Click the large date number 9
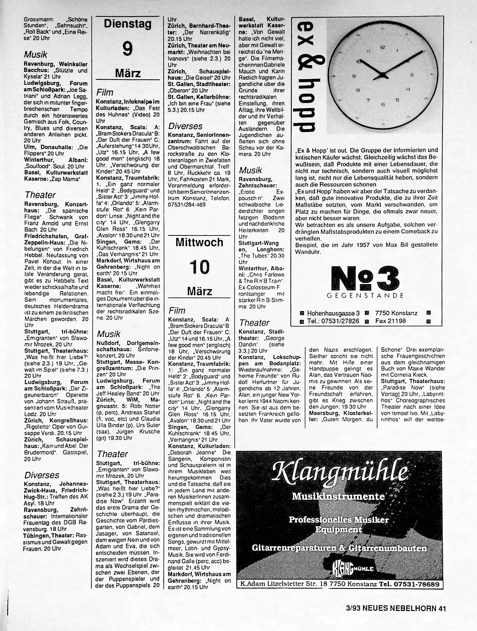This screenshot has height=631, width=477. point(127,49)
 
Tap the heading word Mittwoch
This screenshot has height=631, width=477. point(199,242)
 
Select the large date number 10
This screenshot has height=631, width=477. point(199,267)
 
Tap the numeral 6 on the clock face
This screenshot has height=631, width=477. point(383,105)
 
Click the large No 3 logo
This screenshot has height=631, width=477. point(365,279)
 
